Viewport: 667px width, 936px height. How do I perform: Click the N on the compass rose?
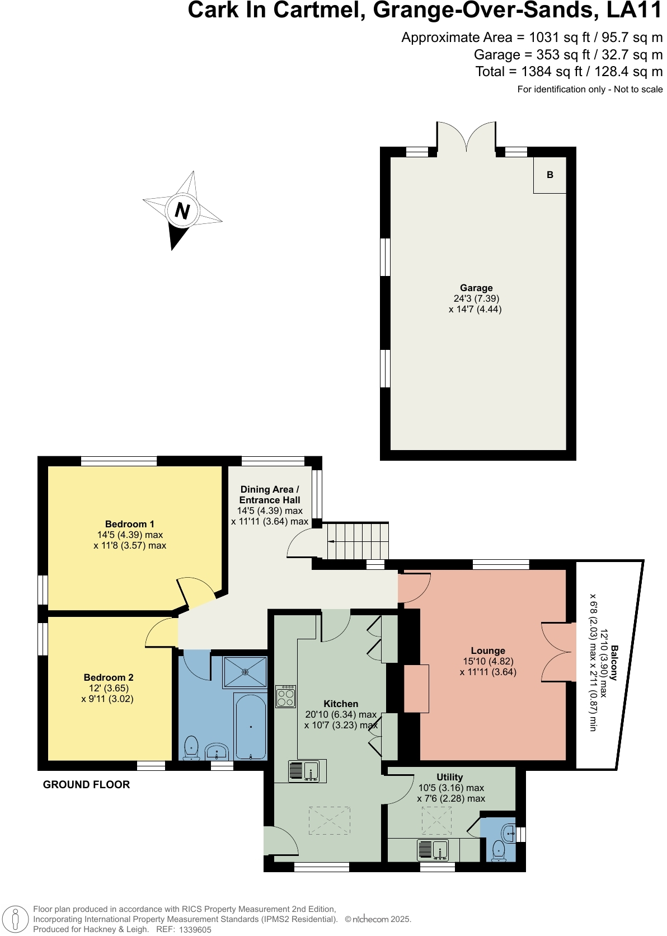[x=181, y=211]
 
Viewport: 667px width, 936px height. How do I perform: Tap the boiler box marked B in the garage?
[x=549, y=175]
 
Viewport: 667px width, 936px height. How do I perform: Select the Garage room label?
[x=476, y=288]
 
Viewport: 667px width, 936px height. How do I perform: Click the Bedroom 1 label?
[x=129, y=524]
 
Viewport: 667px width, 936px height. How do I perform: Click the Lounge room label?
[x=487, y=650]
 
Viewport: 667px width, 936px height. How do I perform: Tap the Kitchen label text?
[x=341, y=704]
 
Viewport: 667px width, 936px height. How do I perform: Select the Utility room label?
[x=450, y=777]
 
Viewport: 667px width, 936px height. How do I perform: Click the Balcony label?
[x=614, y=663]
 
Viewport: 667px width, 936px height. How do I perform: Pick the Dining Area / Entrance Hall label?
[x=270, y=495]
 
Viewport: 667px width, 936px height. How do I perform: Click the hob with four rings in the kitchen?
[x=286, y=696]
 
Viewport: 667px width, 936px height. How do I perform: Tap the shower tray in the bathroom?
[x=245, y=672]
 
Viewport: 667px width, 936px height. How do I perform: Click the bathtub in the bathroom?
[x=251, y=727]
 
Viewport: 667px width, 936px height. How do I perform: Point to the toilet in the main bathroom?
[x=191, y=748]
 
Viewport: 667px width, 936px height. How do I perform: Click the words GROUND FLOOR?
[x=86, y=784]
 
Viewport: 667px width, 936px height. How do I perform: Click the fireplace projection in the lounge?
[x=416, y=688]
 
